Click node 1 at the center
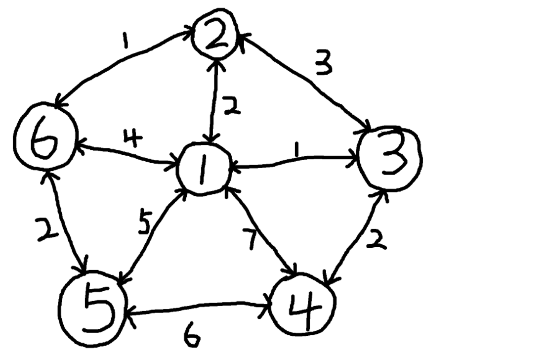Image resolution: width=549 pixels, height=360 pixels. click(204, 170)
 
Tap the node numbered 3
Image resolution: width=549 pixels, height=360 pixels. click(390, 157)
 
